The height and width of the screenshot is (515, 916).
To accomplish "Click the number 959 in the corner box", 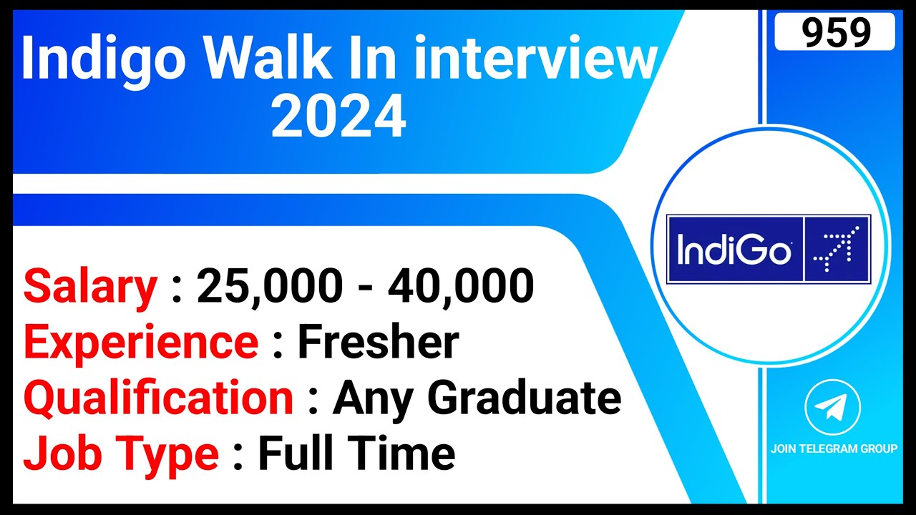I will [835, 32].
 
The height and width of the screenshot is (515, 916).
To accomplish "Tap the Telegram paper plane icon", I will [832, 407].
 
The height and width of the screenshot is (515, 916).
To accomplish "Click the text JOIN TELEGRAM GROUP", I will [834, 449].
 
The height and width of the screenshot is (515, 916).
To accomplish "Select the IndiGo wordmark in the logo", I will [734, 250].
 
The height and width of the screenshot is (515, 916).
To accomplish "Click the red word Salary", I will [90, 286].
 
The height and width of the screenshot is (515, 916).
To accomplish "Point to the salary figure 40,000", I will [461, 286].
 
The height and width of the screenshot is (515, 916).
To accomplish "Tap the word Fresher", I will [377, 343].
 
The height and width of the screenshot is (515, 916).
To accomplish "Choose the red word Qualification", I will [158, 398].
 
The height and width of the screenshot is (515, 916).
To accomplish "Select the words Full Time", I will [356, 454].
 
